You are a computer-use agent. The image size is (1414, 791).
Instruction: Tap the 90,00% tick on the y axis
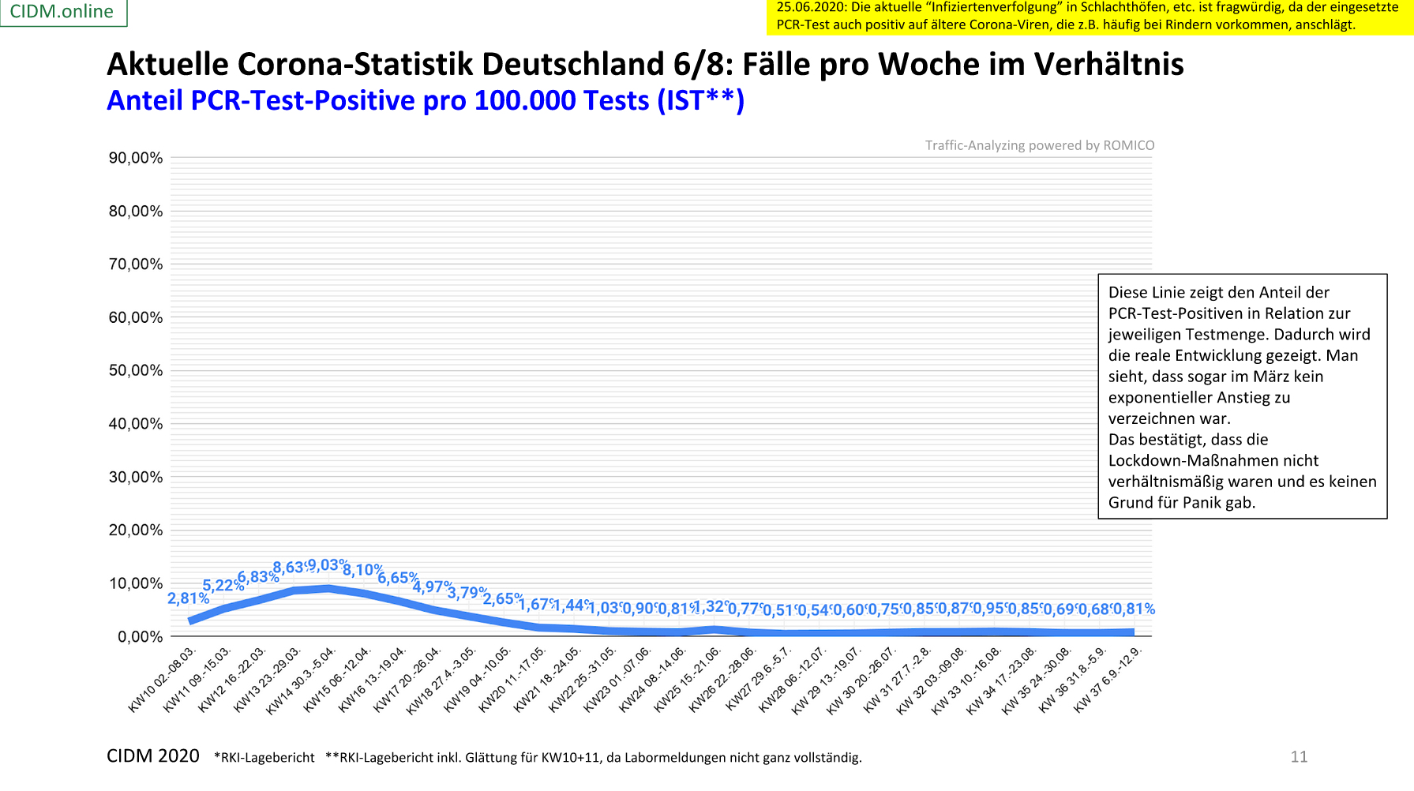tap(136, 158)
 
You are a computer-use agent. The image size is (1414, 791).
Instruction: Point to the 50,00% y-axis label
tap(136, 371)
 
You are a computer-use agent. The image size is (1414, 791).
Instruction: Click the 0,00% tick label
tap(141, 637)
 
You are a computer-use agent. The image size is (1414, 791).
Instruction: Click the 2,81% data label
tap(188, 599)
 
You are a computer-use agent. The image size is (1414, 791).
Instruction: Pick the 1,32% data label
tap(712, 606)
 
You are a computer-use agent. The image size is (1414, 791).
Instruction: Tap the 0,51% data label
tap(779, 610)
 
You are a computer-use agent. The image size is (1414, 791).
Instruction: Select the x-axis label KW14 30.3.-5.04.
tap(302, 681)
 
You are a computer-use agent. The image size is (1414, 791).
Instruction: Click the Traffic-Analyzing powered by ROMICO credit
tap(1040, 145)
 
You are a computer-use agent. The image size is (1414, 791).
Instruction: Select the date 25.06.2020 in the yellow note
tap(811, 7)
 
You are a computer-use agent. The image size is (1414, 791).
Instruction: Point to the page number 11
tap(1299, 757)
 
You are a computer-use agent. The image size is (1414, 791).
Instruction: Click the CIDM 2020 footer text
tap(153, 756)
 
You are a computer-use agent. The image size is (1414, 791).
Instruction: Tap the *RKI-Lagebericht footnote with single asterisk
tap(264, 758)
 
